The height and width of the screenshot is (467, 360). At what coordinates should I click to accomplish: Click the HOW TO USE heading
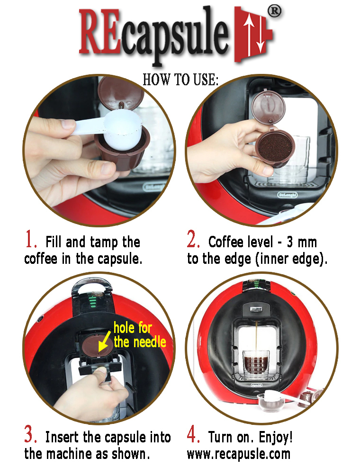pyautogui.click(x=180, y=80)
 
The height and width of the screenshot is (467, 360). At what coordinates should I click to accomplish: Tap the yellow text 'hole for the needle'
pyautogui.click(x=140, y=335)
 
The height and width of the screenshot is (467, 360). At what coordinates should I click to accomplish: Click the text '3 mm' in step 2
pyautogui.click(x=301, y=242)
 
